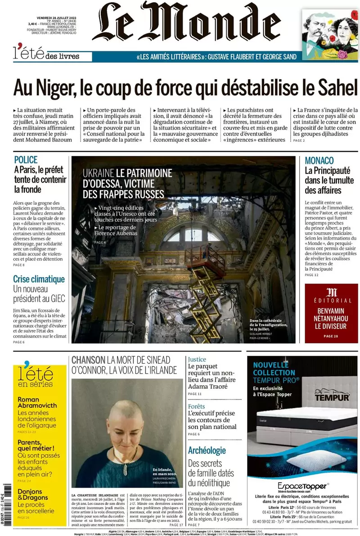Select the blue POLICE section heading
point(26,160)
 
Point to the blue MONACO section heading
point(319,161)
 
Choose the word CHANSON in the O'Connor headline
point(88,360)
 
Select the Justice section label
point(197,360)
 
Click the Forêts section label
point(196,406)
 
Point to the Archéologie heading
point(207,450)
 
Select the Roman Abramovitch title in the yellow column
point(37,402)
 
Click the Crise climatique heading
point(39,279)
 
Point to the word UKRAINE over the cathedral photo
point(98,173)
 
